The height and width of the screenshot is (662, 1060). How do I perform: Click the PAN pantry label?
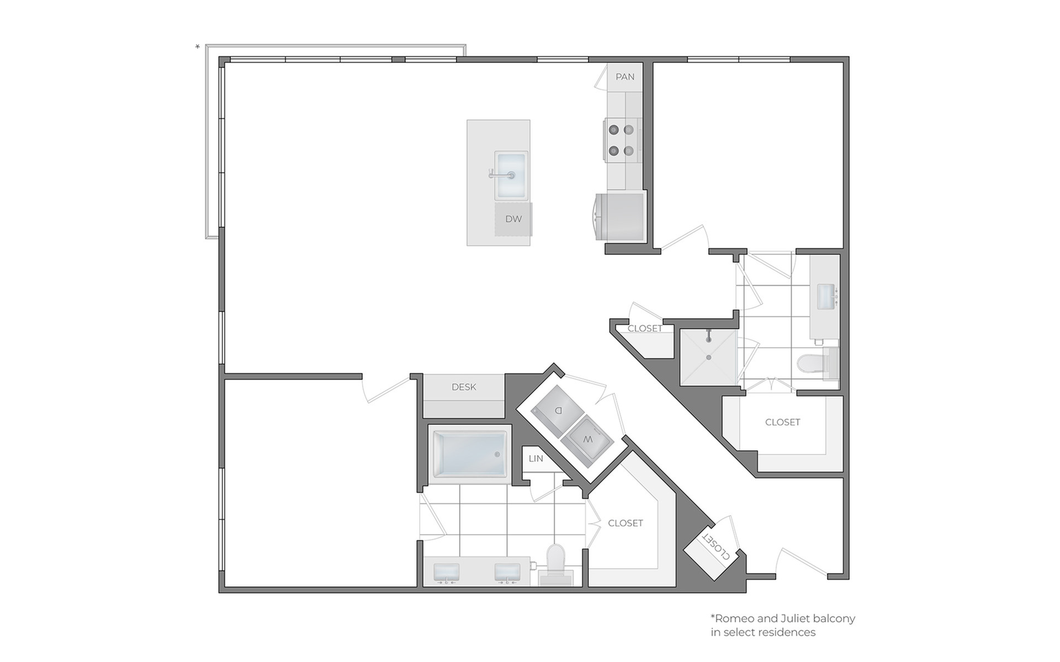(x=625, y=77)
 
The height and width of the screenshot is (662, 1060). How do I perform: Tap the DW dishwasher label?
(x=513, y=219)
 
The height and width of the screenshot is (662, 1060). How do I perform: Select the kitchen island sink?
(x=511, y=176)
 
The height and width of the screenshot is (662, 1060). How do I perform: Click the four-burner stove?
(x=622, y=140)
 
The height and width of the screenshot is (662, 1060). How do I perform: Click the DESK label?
(x=464, y=387)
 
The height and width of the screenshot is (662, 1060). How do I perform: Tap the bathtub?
(x=470, y=455)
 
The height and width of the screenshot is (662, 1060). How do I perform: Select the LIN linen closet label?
(x=536, y=458)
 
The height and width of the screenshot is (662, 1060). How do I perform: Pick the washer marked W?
(x=589, y=440)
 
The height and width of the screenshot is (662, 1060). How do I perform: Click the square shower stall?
(x=708, y=357)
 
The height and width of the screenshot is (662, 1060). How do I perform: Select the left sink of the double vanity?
(x=448, y=573)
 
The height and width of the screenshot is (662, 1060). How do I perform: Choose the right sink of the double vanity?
(x=508, y=573)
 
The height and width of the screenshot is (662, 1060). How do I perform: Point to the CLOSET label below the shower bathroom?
(x=782, y=422)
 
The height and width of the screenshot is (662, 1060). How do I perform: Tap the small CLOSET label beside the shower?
(x=645, y=328)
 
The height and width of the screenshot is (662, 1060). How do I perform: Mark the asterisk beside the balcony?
(x=198, y=47)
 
